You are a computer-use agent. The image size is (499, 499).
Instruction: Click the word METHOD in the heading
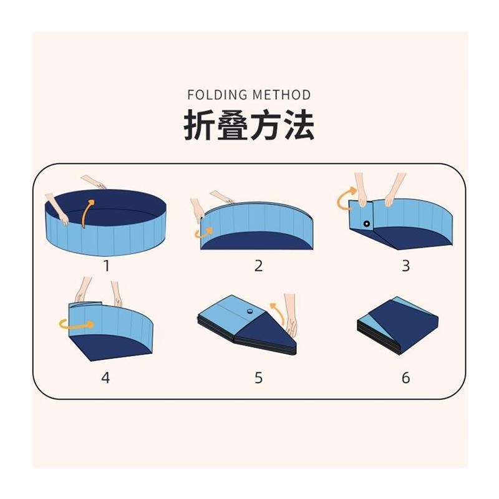pyautogui.click(x=282, y=95)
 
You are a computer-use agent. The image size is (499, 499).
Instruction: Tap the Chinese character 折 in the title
pyautogui.click(x=199, y=125)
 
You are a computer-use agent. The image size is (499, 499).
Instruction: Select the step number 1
pyautogui.click(x=107, y=266)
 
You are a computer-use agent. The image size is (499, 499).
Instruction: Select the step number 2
pyautogui.click(x=258, y=266)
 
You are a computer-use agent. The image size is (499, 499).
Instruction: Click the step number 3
pyautogui.click(x=405, y=266)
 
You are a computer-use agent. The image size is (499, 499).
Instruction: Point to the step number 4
pyautogui.click(x=106, y=377)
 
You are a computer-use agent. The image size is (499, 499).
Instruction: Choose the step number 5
pyautogui.click(x=258, y=377)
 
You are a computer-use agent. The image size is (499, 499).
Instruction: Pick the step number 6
pyautogui.click(x=405, y=377)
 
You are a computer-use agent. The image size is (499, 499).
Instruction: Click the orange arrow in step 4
pyautogui.click(x=75, y=324)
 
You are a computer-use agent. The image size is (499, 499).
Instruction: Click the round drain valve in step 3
pyautogui.click(x=366, y=223)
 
